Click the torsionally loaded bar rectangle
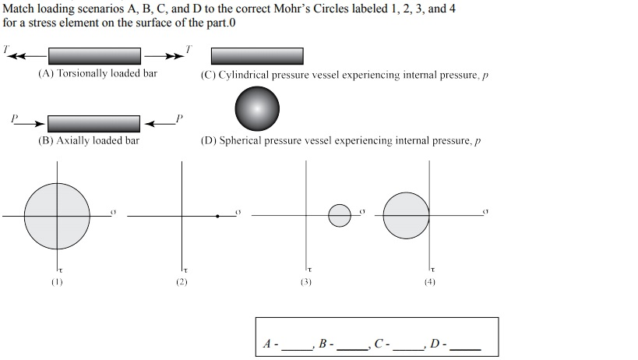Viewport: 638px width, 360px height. (94, 56)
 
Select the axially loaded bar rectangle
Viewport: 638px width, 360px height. (93, 124)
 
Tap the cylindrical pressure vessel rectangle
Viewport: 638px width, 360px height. (257, 56)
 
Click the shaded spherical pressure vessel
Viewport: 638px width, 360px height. (257, 108)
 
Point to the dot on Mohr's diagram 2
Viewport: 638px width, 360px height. (217, 216)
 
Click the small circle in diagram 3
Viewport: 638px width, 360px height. (340, 216)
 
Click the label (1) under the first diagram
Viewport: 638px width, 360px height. (57, 282)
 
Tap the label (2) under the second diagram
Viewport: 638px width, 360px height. (182, 282)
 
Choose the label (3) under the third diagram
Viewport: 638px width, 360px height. (306, 282)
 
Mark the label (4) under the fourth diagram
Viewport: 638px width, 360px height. (430, 282)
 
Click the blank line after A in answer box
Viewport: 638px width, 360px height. (297, 349)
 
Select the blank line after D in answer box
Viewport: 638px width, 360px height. (466, 349)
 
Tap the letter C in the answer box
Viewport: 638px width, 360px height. (379, 344)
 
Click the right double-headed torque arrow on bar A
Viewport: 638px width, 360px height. (164, 56)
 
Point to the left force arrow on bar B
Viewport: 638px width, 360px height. (30, 124)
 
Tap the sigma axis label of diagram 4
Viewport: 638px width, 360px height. (485, 211)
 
